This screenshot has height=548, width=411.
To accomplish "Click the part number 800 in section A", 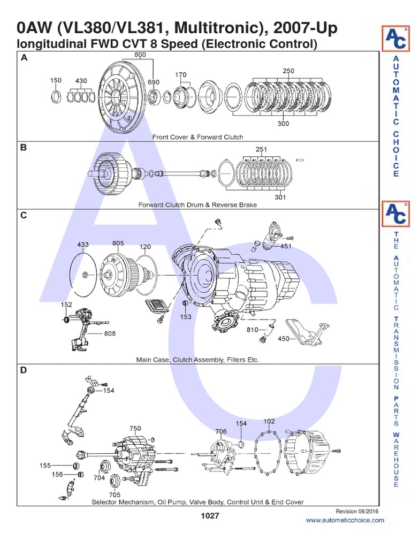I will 140,55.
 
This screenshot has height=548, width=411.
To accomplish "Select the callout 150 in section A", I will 56,80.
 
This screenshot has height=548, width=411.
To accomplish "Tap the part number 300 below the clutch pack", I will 283,124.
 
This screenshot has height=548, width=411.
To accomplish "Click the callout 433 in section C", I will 83,244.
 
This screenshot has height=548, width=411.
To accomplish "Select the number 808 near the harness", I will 109,333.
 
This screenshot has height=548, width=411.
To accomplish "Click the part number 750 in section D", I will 135,429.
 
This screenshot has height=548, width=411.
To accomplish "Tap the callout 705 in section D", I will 115,495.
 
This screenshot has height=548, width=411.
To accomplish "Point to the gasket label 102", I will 269,421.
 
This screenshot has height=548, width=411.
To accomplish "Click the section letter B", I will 24,148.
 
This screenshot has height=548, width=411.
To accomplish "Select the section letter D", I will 24,370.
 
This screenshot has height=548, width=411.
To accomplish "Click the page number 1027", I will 210,515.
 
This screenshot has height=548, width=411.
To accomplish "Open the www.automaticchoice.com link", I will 345,520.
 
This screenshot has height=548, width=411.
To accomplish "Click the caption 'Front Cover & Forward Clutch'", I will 197,137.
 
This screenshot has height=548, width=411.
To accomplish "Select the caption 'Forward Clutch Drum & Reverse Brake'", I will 197,204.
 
